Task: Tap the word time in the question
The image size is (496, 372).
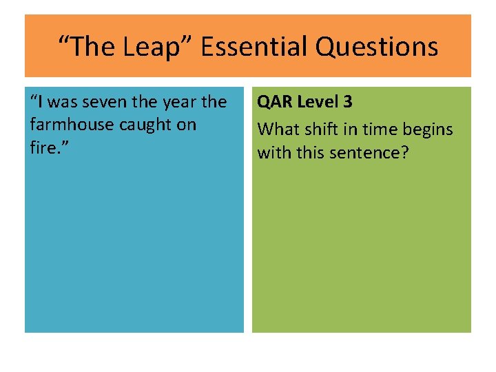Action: coord(377,129)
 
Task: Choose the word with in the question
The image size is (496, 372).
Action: coord(273,152)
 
